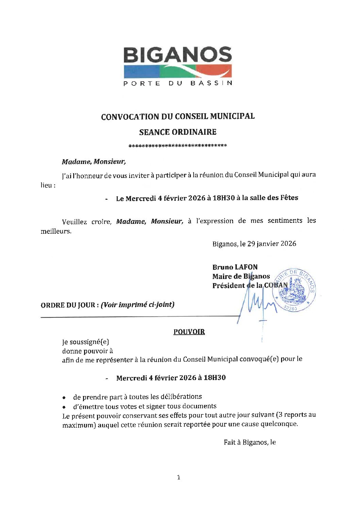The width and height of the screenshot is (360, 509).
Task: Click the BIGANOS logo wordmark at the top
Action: [x=177, y=55]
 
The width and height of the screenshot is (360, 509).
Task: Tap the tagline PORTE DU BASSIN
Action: [x=178, y=83]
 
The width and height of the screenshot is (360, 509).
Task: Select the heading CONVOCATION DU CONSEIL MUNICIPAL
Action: [x=178, y=116]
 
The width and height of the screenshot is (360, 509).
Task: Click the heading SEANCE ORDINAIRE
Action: [x=178, y=132]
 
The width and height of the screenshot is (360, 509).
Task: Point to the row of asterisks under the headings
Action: [x=178, y=146]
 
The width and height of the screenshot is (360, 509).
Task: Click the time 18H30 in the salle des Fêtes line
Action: [x=224, y=198]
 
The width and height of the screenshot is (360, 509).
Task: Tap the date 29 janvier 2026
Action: [x=272, y=244]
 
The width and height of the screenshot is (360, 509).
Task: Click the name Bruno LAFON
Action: [x=235, y=267]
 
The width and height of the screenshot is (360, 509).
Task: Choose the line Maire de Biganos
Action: [x=241, y=276]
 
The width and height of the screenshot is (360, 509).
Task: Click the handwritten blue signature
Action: [x=255, y=305]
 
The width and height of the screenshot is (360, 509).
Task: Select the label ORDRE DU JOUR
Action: [x=68, y=305]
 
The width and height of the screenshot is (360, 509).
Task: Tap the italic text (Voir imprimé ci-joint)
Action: [x=137, y=305]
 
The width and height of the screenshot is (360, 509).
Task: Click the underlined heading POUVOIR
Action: [x=189, y=332]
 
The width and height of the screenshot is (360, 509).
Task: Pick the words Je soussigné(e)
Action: [x=85, y=342]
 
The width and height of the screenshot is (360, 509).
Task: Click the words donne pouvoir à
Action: [x=87, y=351]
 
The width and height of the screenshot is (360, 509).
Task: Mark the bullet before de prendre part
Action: [x=64, y=397]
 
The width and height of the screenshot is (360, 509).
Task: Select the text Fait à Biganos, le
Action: [x=249, y=442]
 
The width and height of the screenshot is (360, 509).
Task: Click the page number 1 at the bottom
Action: [x=179, y=478]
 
